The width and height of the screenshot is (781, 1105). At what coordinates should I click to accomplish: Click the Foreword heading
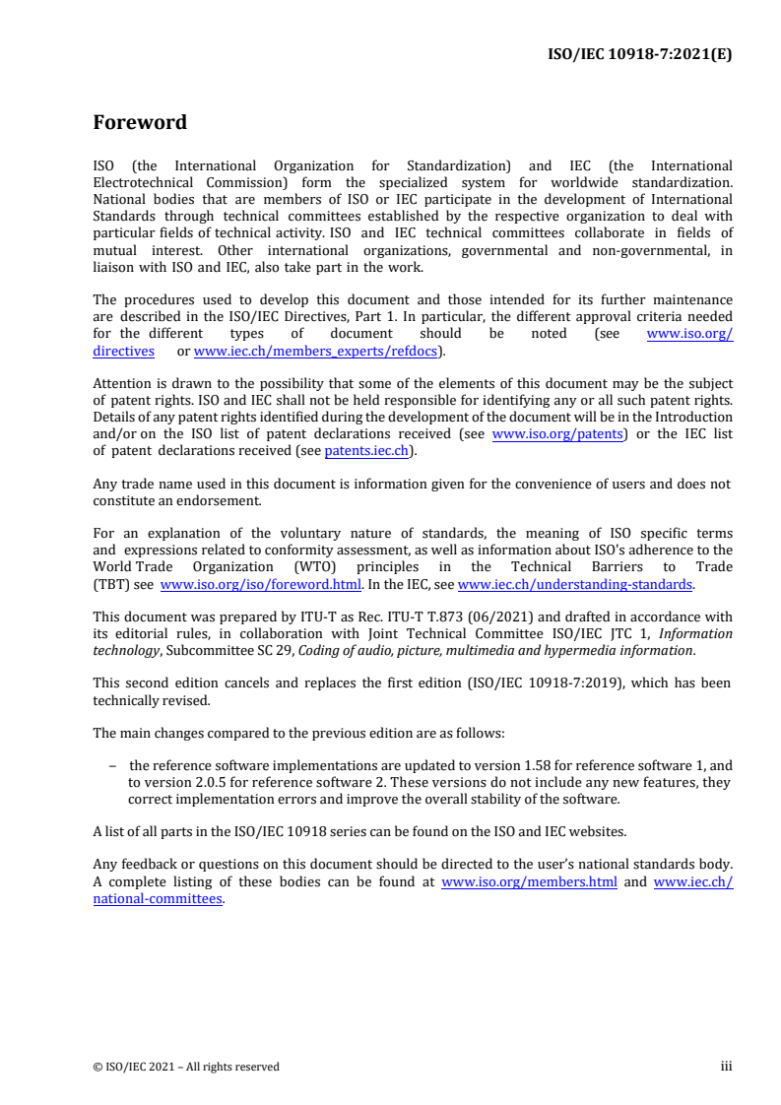[x=140, y=123]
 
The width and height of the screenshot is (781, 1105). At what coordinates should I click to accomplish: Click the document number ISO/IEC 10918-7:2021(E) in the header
[x=639, y=55]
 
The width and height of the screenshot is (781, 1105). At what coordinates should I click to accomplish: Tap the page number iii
[x=727, y=1066]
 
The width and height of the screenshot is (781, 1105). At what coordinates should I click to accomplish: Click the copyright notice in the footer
[x=186, y=1067]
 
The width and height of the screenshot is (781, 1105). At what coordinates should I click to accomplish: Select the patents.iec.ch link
[x=369, y=451]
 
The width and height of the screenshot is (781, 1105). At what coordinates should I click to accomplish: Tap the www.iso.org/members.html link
[x=529, y=882]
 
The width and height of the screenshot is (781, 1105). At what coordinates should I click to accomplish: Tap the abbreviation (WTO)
[x=313, y=567]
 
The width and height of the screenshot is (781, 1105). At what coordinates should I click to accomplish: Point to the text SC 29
[x=297, y=650]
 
